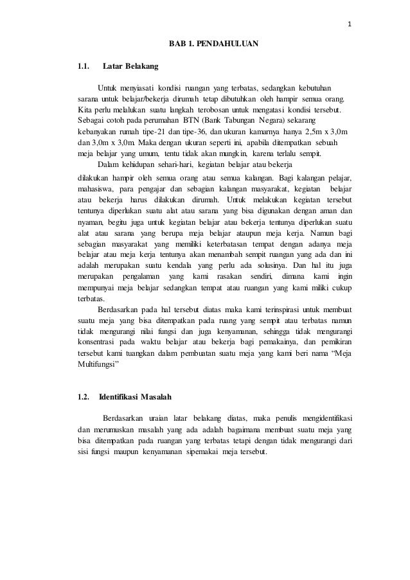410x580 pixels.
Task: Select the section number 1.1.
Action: tap(82, 66)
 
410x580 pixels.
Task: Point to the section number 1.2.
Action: tap(82, 396)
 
